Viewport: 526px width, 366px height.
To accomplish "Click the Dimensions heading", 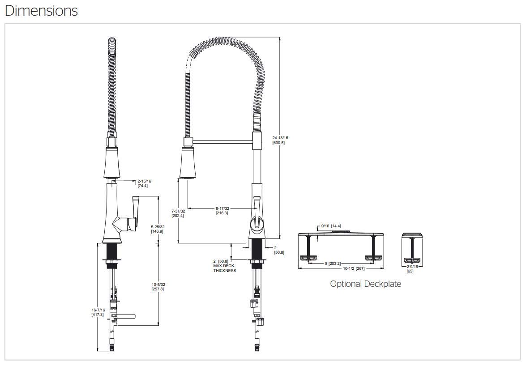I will pos(41,10).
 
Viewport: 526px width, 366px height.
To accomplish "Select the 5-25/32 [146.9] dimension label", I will pos(158,229).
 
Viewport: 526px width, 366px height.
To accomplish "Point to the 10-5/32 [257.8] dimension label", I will pos(158,287).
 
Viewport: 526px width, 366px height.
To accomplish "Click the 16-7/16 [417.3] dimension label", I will pos(98,312).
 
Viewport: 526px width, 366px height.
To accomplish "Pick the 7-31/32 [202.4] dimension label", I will pos(178,213).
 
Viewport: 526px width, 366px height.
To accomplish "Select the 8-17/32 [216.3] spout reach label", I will pos(222,211).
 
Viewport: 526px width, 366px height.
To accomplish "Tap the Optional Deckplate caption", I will pos(365,284).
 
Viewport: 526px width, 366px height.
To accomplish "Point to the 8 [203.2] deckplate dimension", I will pos(333,264).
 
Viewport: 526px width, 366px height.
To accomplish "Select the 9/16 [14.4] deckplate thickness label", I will pos(332,226).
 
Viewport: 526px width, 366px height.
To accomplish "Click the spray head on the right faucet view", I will pos(188,163).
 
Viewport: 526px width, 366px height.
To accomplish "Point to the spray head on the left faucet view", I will pos(112,163).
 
